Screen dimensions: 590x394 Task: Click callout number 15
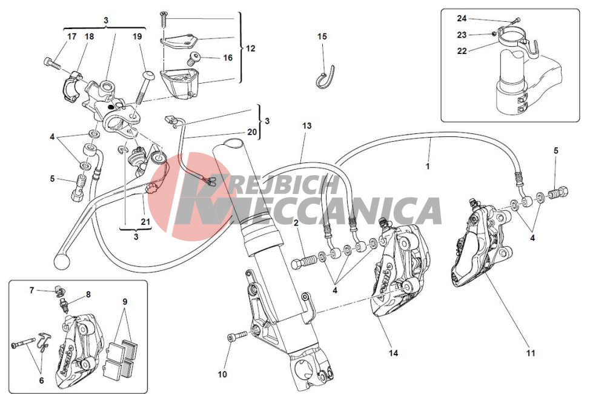coord(322,36)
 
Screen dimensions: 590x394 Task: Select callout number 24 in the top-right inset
coord(462,18)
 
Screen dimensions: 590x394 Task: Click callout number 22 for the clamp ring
coord(462,51)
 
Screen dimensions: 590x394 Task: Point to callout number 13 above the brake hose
coord(307,125)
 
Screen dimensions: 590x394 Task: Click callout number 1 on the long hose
coord(428,165)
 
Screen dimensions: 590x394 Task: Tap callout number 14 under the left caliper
coord(393,353)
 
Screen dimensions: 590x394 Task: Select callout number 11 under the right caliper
coord(531,353)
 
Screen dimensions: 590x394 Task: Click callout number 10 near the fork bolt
coord(222,374)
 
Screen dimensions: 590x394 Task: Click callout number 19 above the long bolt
coord(138,36)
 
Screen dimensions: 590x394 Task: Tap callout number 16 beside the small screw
coord(228,58)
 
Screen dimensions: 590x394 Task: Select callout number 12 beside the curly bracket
coord(251,48)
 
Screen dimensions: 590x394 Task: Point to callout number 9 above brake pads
coord(125,302)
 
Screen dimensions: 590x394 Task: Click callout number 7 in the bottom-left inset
coord(32,290)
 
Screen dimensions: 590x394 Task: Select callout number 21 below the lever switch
coord(145,222)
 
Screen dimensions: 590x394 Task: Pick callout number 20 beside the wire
coord(252,132)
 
